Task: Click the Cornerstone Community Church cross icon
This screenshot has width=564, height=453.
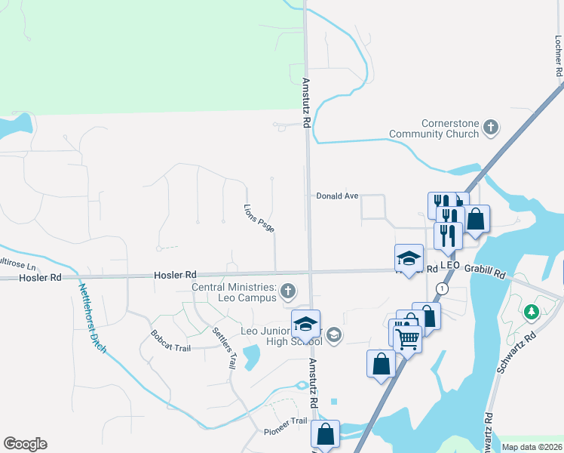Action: pyautogui.click(x=491, y=126)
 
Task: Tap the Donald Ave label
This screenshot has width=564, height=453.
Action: pyautogui.click(x=337, y=196)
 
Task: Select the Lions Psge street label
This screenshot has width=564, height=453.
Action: pyautogui.click(x=259, y=217)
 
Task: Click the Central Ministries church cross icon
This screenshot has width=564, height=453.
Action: pyautogui.click(x=287, y=291)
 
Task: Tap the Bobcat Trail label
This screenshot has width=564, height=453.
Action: pyautogui.click(x=170, y=341)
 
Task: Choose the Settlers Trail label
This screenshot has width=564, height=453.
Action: pyautogui.click(x=225, y=348)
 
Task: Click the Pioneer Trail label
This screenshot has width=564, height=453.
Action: pyautogui.click(x=286, y=426)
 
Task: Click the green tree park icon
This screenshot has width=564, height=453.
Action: pyautogui.click(x=532, y=310)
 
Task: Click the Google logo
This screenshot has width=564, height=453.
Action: pyautogui.click(x=25, y=444)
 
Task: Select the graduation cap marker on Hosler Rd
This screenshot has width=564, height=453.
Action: pyautogui.click(x=409, y=258)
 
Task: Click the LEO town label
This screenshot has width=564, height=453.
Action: pyautogui.click(x=450, y=266)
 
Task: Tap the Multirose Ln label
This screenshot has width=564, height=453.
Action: pyautogui.click(x=17, y=265)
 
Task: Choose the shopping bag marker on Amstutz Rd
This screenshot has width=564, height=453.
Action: pyautogui.click(x=326, y=434)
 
